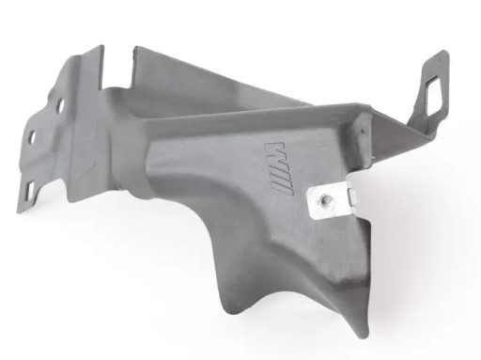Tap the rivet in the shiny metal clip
pyautogui.click(x=322, y=199)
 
